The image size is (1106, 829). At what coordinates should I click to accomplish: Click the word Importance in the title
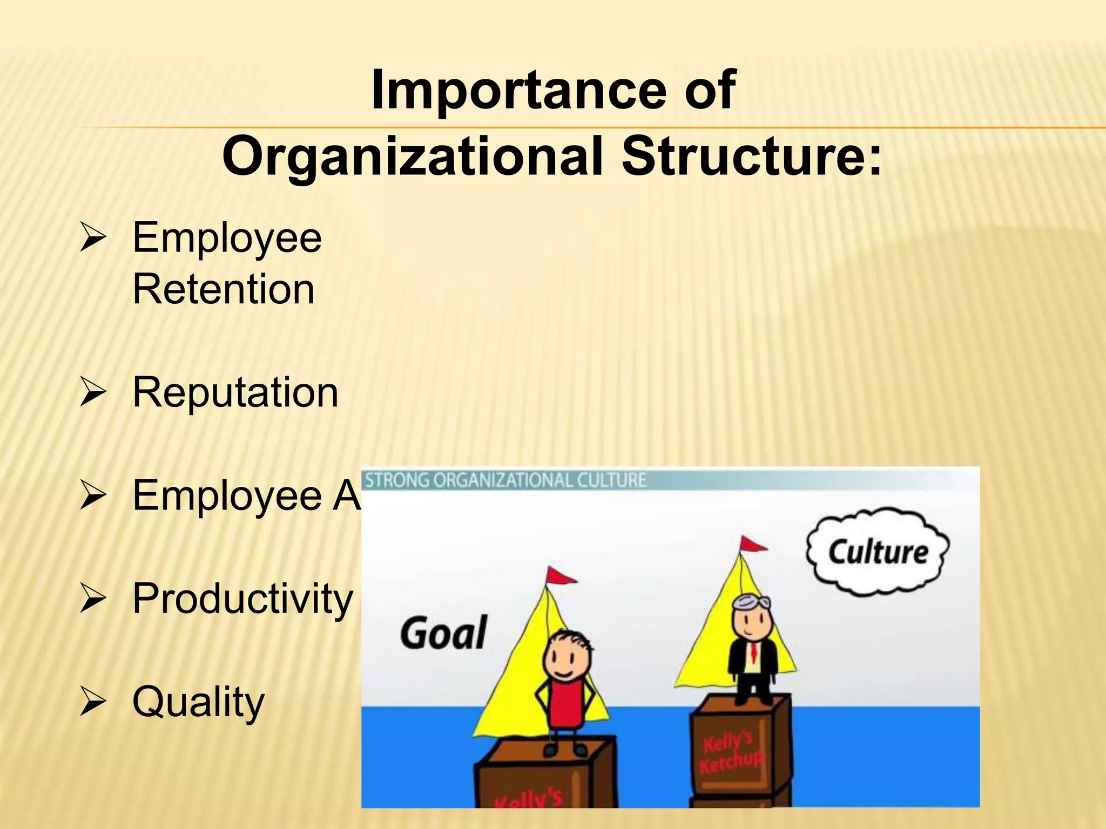(x=518, y=91)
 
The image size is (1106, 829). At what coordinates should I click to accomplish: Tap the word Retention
(x=223, y=289)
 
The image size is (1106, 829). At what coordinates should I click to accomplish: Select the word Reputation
(x=235, y=392)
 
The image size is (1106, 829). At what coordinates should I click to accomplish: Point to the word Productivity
(x=242, y=599)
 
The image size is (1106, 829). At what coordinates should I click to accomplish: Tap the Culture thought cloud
(x=877, y=552)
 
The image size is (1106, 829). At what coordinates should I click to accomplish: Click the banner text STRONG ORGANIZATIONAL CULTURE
(x=505, y=480)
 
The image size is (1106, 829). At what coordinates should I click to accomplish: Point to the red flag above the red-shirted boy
(x=560, y=576)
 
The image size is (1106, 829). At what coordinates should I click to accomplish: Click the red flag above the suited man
(x=752, y=544)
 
